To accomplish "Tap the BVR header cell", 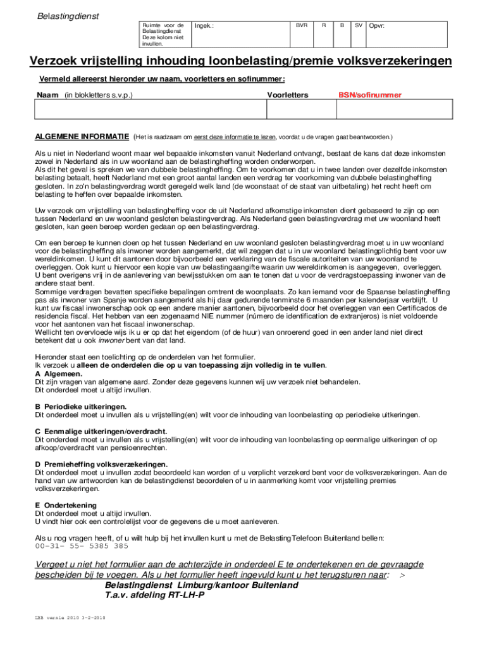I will coord(302,25).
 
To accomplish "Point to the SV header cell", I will coord(358,25).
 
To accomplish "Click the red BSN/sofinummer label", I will coord(369,95).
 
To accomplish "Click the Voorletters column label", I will coord(288,95).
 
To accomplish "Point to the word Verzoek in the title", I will coord(55,61).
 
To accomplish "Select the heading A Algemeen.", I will coord(59,374).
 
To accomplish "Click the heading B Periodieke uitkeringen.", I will coord(81,406).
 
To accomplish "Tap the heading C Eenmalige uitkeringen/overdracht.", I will coord(101,431).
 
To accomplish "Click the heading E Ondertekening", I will coord(66,505).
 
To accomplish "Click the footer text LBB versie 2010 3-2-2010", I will coord(70,618).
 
